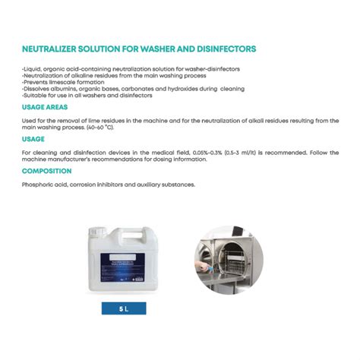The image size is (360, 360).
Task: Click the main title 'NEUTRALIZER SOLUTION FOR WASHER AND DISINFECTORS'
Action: [139, 49]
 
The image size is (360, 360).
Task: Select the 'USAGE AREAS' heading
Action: [46, 108]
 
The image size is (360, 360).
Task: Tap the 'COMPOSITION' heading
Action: [47, 171]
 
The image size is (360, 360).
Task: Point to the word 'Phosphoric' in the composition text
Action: [38, 185]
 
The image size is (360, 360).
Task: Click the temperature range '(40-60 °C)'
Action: [106, 128]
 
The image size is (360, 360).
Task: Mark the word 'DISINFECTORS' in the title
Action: [223, 49]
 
